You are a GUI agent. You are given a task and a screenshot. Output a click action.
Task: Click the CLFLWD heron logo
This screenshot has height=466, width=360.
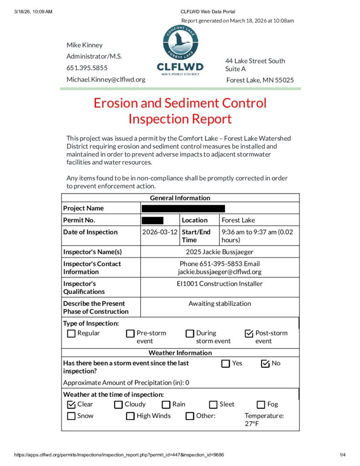[180, 43]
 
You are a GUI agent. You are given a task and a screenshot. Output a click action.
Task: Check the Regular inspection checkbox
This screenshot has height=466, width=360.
[71, 334]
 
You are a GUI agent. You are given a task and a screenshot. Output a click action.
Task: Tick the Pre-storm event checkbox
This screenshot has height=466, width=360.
[131, 334]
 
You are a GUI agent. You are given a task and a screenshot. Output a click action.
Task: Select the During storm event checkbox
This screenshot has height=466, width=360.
[190, 334]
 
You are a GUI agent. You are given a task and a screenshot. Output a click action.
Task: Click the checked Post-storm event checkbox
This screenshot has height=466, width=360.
[249, 334]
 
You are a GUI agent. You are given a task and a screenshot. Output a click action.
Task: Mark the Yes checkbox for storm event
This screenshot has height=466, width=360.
[226, 364]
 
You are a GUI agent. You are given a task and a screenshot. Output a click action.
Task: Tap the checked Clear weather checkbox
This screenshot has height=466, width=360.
[71, 405]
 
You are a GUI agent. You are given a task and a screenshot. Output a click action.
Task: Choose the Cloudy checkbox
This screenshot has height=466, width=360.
[118, 405]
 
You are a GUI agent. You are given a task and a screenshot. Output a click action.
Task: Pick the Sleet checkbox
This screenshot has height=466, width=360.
[213, 405]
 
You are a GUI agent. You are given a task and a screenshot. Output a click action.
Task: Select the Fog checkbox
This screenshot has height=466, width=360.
[261, 405]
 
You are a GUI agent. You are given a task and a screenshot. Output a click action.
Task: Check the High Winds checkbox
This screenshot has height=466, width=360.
[131, 416]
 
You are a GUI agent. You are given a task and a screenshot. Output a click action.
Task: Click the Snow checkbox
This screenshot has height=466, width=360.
[71, 416]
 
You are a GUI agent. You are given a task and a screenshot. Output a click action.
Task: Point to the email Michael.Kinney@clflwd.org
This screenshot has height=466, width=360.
[106, 79]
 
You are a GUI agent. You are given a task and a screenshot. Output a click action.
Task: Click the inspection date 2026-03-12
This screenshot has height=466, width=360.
[160, 232]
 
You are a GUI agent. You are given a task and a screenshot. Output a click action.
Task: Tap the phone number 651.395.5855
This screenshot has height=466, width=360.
[87, 68]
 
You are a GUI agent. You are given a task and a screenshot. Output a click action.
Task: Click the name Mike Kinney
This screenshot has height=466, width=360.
[85, 45]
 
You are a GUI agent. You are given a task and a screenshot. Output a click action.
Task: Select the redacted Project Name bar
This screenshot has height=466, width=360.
[183, 208]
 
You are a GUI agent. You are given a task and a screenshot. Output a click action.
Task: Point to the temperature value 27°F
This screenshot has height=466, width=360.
[253, 424]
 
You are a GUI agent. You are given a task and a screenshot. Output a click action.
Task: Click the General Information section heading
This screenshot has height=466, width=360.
[180, 198]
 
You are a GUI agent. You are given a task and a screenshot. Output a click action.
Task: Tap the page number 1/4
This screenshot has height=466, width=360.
[343, 455]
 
